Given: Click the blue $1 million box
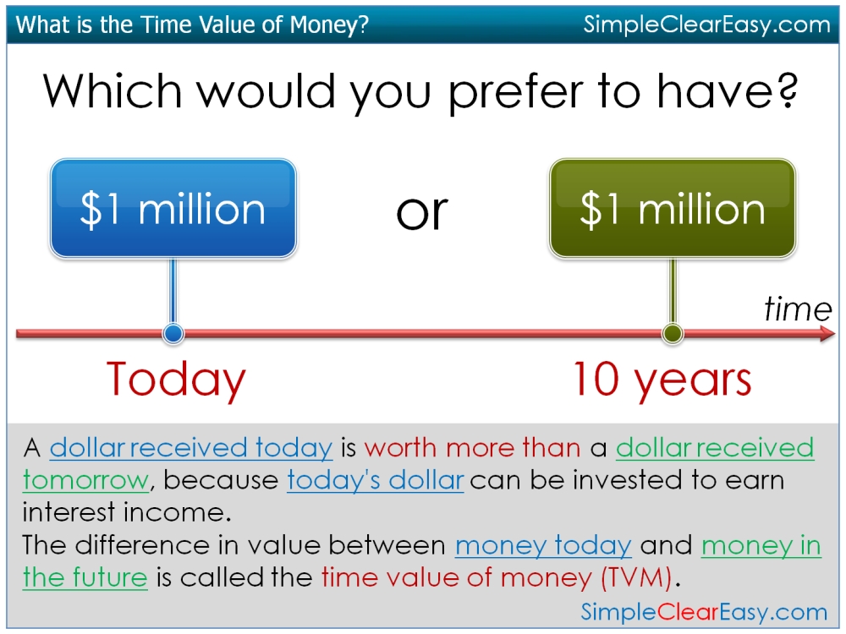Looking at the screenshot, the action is (173, 208).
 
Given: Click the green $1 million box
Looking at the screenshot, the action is (673, 208).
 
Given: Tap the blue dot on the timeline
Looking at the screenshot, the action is (173, 334).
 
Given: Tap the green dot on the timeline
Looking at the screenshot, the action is (673, 334).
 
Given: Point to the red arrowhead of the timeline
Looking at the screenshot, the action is (827, 334).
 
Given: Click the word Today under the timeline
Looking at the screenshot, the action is (176, 380).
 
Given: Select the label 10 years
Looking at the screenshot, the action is (662, 380).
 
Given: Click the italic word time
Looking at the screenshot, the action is (798, 309).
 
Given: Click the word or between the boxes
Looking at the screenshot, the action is (422, 212).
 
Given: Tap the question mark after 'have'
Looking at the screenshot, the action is (787, 90).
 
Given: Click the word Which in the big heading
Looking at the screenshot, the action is (113, 90).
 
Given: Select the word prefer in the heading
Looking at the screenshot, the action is (516, 94).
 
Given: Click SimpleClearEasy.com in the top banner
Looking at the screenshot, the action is (706, 25).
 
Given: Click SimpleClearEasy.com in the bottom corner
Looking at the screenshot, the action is (704, 612).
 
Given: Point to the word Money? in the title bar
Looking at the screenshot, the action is (329, 25).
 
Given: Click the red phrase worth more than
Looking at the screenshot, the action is (472, 447).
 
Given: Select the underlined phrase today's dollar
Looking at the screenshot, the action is (375, 480).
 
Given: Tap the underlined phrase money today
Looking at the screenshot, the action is (543, 545).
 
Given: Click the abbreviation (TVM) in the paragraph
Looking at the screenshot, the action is (637, 577).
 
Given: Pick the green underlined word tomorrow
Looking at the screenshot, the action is (85, 480).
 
